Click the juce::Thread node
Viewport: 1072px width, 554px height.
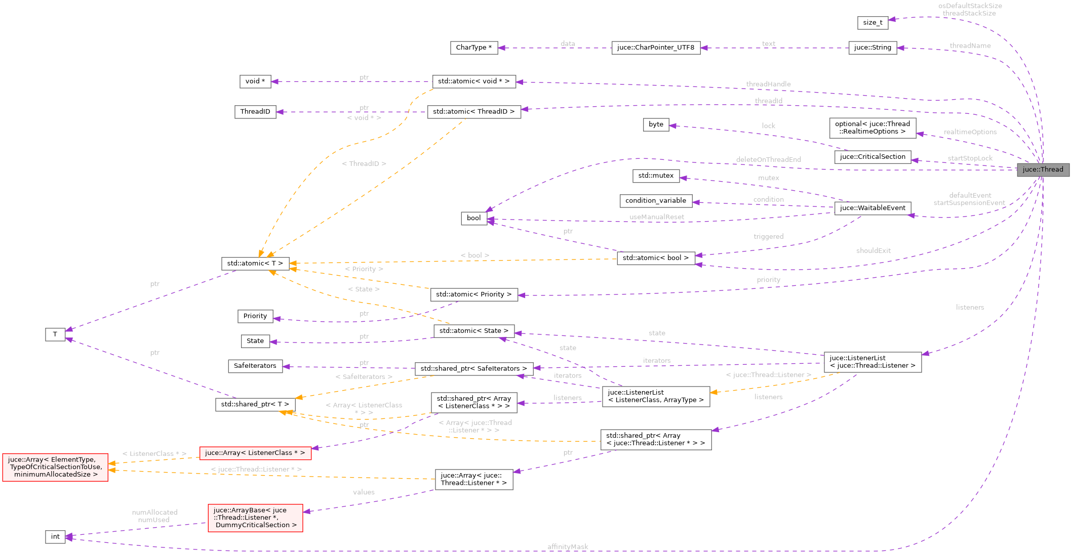1043,169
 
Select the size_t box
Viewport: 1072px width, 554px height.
872,23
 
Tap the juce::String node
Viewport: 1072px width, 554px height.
872,48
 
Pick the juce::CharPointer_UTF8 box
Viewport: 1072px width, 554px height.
655,48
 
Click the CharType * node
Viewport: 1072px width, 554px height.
473,48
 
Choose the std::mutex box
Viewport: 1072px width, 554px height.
655,176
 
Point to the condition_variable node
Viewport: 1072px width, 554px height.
655,201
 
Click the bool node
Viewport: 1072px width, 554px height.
473,218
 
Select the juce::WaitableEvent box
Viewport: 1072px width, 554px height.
872,208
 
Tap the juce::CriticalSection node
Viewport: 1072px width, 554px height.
872,157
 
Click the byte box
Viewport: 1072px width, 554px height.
655,124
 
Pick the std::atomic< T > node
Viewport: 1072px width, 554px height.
255,264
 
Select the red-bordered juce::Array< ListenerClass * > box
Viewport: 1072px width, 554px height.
255,453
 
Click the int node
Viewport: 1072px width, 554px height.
55,537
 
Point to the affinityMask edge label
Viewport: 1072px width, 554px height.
568,547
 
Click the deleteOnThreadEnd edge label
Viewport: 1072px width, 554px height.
768,160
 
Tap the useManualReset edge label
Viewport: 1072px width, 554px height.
656,218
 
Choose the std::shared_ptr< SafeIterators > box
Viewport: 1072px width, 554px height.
473,369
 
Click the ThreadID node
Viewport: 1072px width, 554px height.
255,112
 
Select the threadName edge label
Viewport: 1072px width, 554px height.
970,46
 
